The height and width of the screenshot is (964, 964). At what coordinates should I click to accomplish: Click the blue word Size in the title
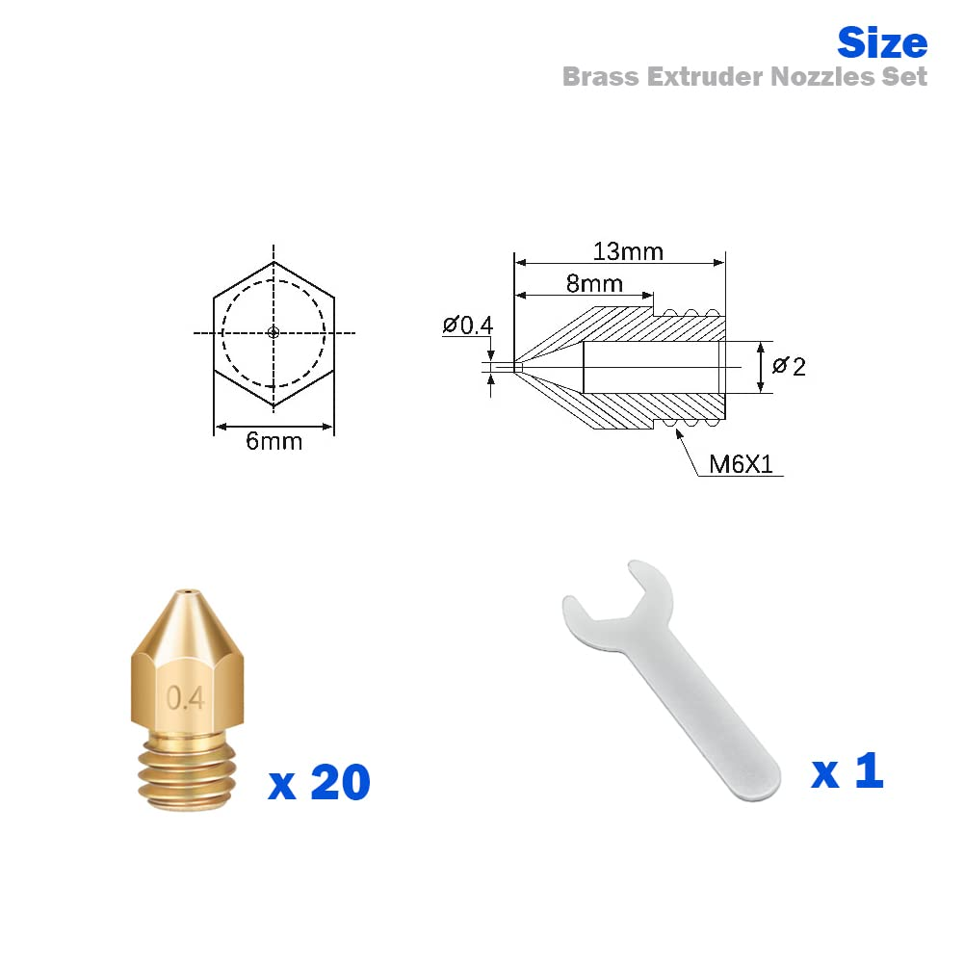click(881, 43)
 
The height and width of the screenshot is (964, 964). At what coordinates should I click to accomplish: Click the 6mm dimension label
click(274, 441)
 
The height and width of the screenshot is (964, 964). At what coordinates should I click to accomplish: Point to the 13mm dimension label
click(627, 251)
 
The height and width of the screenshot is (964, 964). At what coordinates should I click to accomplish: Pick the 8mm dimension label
click(593, 284)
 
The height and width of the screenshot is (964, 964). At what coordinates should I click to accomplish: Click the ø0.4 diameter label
click(468, 326)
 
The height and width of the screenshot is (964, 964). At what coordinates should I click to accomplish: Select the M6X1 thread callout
click(741, 464)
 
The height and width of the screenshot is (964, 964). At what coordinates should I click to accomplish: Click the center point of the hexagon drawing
click(274, 333)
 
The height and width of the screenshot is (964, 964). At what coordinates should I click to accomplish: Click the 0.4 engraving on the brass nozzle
click(186, 698)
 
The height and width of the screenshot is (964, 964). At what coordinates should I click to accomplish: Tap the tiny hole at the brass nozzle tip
click(185, 590)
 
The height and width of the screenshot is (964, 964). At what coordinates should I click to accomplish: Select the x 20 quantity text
click(319, 782)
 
